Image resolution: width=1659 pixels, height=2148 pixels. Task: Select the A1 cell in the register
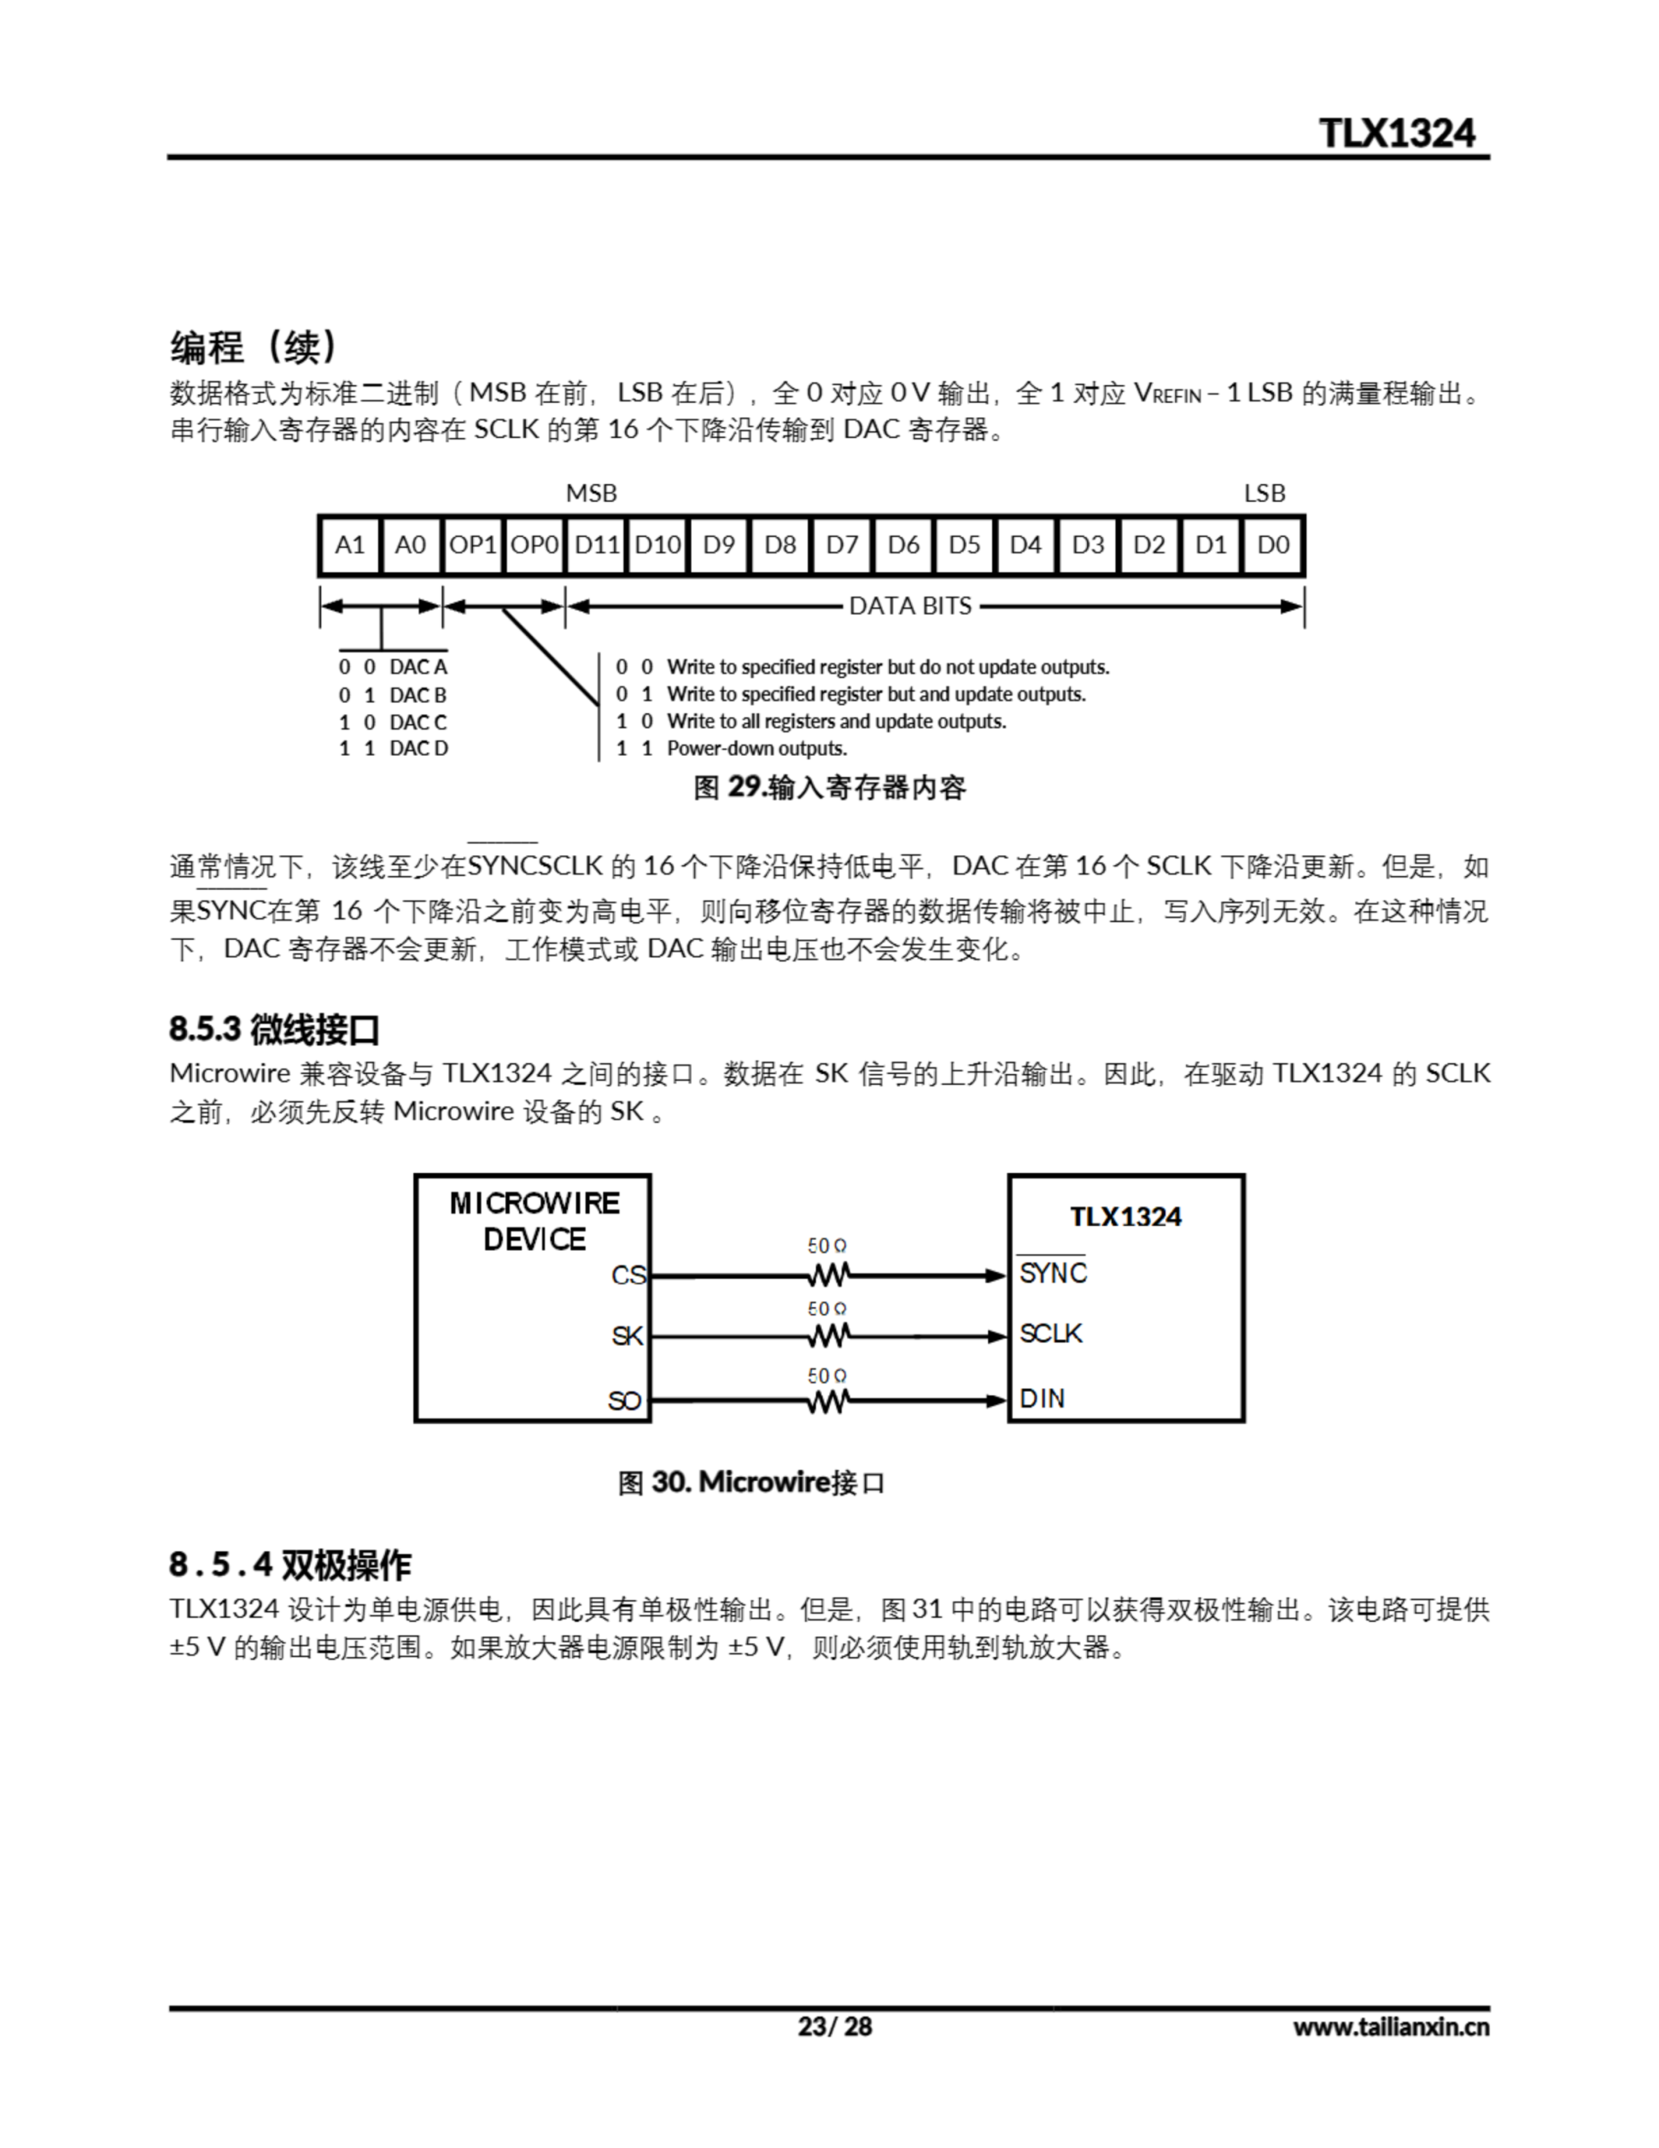coord(349,545)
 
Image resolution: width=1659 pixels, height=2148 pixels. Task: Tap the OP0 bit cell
coord(534,545)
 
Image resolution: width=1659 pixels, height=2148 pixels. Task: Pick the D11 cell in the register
coord(596,545)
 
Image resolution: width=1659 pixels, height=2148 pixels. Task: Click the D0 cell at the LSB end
coord(1272,545)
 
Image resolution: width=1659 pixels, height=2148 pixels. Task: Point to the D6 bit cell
coord(902,545)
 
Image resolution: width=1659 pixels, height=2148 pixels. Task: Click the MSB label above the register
coord(591,493)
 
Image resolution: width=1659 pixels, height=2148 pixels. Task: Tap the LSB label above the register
coord(1264,493)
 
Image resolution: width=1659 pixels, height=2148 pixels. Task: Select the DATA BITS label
coord(910,606)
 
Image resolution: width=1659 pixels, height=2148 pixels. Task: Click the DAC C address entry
coord(393,722)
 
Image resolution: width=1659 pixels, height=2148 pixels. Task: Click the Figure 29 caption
coord(829,788)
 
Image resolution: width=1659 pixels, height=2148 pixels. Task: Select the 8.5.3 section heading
coord(273,1030)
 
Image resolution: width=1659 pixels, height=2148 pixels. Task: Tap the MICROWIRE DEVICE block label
coord(534,1221)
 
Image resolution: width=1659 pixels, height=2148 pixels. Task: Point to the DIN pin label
coord(1042,1398)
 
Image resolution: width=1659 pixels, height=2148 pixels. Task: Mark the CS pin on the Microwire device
coord(627,1275)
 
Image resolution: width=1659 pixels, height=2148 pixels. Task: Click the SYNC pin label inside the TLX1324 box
coord(1053,1274)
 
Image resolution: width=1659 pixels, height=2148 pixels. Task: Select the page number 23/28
coord(834,2026)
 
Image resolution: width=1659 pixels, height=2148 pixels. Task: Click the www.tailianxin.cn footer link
coord(1391,2027)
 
